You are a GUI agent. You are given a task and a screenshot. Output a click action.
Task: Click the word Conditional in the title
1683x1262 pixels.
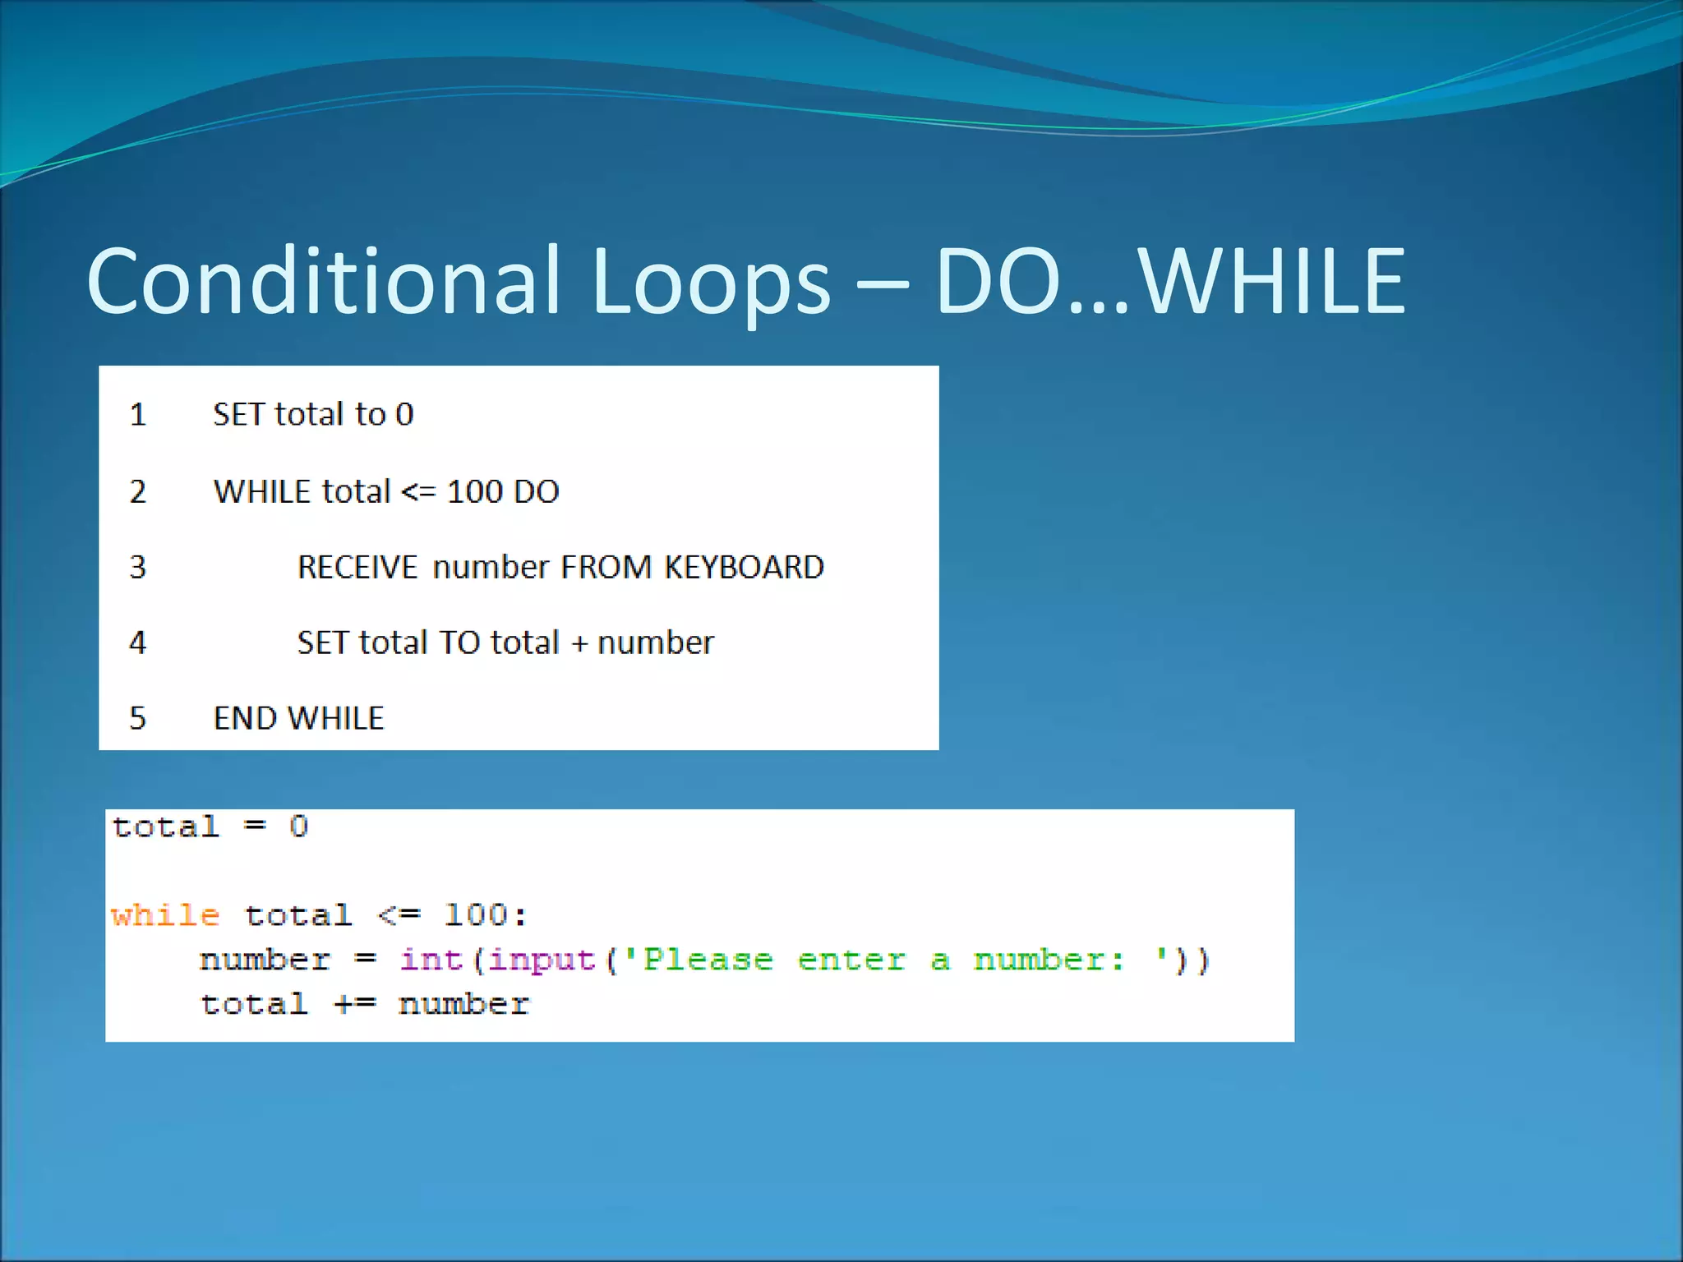pyautogui.click(x=324, y=282)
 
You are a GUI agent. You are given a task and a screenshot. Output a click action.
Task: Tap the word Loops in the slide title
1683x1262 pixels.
pyautogui.click(x=710, y=282)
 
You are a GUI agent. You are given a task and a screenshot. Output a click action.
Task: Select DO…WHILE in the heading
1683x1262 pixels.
pyautogui.click(x=1170, y=282)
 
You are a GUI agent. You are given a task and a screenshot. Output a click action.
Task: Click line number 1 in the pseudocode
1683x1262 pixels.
pyautogui.click(x=138, y=414)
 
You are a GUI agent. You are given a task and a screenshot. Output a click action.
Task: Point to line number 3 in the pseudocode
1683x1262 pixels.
pyautogui.click(x=138, y=567)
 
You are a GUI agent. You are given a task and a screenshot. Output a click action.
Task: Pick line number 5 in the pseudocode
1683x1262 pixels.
pyautogui.click(x=138, y=718)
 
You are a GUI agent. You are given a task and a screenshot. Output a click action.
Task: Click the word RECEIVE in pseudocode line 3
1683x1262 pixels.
pyautogui.click(x=357, y=567)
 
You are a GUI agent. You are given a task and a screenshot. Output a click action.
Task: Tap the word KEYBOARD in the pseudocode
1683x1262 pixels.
pyautogui.click(x=744, y=567)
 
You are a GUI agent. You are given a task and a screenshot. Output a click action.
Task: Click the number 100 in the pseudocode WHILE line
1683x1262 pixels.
pyautogui.click(x=474, y=491)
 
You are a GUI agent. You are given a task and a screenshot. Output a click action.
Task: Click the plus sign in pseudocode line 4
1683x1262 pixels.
pyautogui.click(x=579, y=643)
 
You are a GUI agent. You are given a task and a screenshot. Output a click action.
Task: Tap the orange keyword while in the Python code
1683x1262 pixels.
pyautogui.click(x=165, y=914)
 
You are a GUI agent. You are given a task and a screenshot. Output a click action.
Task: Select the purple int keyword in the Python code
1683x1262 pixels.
pyautogui.click(x=431, y=960)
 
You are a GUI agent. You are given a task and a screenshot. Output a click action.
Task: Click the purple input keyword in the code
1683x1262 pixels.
pyautogui.click(x=541, y=960)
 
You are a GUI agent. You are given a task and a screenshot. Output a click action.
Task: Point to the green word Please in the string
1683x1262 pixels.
pyautogui.click(x=708, y=960)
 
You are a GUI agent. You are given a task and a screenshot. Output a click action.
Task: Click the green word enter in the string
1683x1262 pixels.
pyautogui.click(x=851, y=960)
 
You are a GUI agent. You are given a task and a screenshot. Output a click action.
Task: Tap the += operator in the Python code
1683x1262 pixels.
pyautogui.click(x=354, y=1004)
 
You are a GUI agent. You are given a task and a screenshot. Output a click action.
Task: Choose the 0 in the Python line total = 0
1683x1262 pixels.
pyautogui.click(x=298, y=827)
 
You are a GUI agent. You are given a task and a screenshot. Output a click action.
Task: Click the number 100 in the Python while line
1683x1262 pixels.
pyautogui.click(x=476, y=914)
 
